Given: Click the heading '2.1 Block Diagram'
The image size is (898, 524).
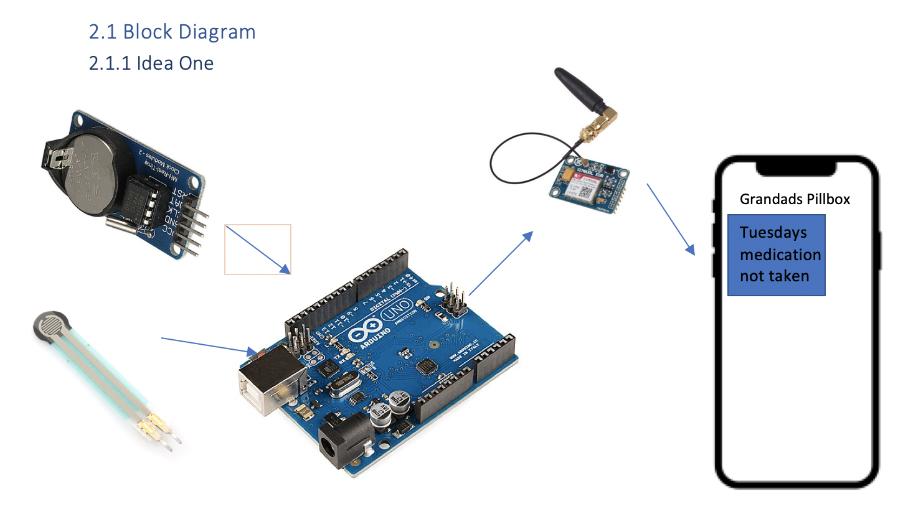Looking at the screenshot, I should (172, 32).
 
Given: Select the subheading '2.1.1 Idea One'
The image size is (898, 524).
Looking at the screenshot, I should (151, 63).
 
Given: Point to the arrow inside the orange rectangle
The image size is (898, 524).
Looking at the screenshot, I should (258, 250).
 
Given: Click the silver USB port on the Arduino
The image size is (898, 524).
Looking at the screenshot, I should (270, 379).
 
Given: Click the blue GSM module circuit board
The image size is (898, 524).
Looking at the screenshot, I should (588, 185).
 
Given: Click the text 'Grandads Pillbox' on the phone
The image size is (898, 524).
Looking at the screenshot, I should (795, 199).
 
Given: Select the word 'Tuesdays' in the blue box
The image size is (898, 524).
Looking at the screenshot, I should (773, 233).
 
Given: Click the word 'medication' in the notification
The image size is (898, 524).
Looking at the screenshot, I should (780, 255).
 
